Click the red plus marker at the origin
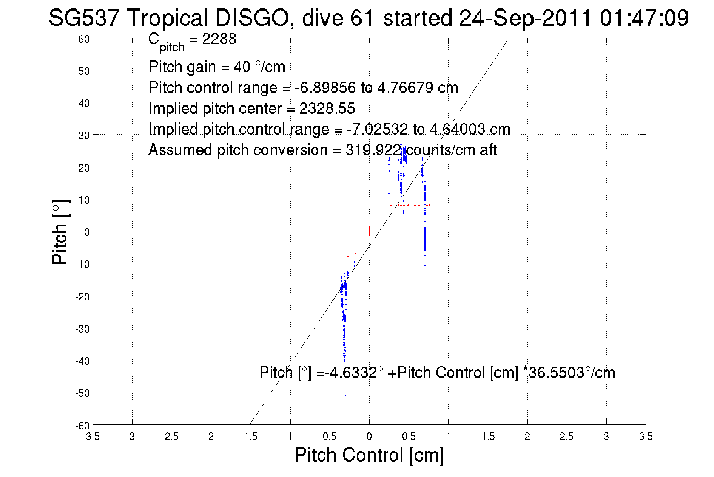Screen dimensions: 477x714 tap(369, 231)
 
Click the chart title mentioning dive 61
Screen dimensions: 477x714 tap(369, 18)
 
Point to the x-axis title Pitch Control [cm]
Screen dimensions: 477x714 tap(369, 454)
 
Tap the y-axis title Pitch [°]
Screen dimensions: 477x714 tap(60, 232)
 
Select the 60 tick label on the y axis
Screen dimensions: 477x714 tap(84, 39)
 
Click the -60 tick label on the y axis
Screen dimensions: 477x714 tap(82, 426)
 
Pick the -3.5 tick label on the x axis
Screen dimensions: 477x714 tap(91, 437)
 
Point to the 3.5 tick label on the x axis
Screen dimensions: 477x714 tap(646, 437)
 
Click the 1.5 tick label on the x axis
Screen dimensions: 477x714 tap(488, 437)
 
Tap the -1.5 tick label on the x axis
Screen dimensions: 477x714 tap(249, 437)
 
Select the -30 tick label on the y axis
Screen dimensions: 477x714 tap(82, 329)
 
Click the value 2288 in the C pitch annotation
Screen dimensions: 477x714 tap(219, 39)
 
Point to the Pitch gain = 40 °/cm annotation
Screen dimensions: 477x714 tap(217, 67)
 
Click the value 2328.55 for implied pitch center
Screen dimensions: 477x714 tap(327, 108)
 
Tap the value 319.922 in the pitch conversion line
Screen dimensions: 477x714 tap(373, 150)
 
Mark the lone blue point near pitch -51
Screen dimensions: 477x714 tap(345, 396)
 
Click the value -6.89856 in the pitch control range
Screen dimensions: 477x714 tap(325, 88)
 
